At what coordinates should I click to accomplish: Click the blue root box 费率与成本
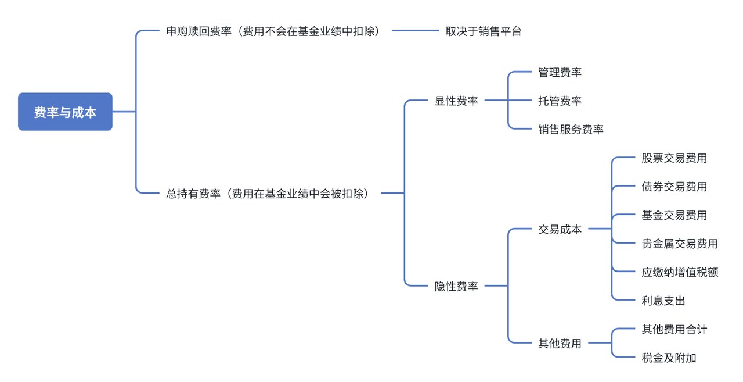(x=65, y=112)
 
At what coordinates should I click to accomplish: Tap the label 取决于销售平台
(x=484, y=31)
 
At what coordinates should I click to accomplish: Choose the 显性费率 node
(x=456, y=101)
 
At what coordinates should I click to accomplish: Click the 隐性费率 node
(x=456, y=286)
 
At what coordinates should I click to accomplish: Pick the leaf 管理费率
(x=560, y=72)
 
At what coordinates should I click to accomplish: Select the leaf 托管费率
(x=560, y=101)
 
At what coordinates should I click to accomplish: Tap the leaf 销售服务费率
(x=571, y=129)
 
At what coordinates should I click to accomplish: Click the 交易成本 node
(x=560, y=229)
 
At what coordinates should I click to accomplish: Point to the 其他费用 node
(x=560, y=344)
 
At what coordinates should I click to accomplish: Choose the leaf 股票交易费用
(x=674, y=158)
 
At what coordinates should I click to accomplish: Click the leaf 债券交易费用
(x=674, y=186)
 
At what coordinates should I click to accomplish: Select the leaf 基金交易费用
(x=674, y=215)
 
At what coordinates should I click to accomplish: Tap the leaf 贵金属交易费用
(x=680, y=244)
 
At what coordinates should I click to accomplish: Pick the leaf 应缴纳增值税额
(x=680, y=272)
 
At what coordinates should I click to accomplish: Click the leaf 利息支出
(x=663, y=301)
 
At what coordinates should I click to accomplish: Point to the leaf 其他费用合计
(x=674, y=329)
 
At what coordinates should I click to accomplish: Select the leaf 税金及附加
(x=669, y=358)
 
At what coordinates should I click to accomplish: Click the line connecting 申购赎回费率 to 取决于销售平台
(x=415, y=31)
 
